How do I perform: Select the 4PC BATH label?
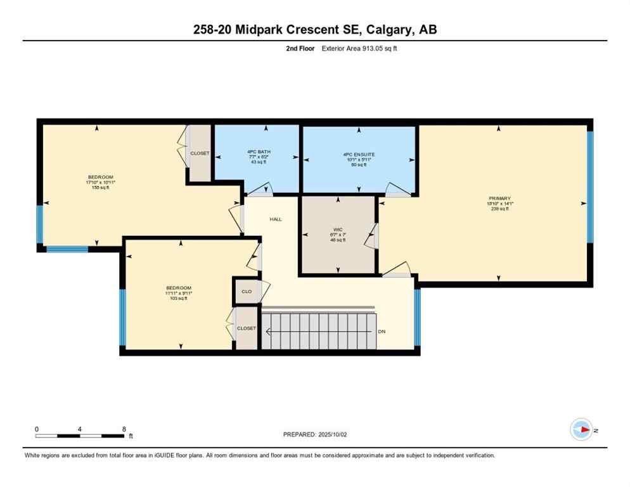tap(256, 153)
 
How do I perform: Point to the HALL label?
tap(276, 219)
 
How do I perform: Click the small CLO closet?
tap(247, 292)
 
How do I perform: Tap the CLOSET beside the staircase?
tap(247, 328)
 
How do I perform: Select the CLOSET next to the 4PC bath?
tap(200, 153)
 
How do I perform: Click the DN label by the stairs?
tap(381, 331)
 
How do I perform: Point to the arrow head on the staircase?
tap(268, 331)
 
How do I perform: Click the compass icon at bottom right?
tap(581, 430)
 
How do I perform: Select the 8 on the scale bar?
tap(124, 429)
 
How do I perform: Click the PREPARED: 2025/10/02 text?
tap(315, 434)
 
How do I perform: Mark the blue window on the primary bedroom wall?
tap(589, 187)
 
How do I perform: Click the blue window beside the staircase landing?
tap(417, 317)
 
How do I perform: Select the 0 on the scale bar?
tap(37, 429)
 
